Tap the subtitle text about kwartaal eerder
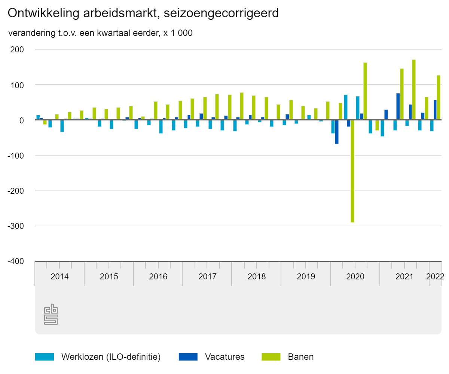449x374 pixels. (x=100, y=33)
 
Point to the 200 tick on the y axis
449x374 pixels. (x=17, y=49)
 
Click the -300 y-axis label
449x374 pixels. (x=16, y=226)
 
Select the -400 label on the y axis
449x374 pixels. (x=16, y=261)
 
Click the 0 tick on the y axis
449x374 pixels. (x=22, y=120)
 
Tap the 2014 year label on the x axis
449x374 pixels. (x=59, y=277)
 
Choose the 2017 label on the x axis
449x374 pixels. (x=207, y=277)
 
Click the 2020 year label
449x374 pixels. (x=355, y=277)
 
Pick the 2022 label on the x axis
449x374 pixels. (x=435, y=277)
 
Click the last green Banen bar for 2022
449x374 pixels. (x=439, y=98)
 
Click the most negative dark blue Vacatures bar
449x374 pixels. (x=337, y=132)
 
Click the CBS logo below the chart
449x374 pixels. (x=51, y=314)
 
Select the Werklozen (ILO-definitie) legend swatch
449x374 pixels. (x=45, y=357)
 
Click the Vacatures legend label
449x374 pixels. (x=224, y=357)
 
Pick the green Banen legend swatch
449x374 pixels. (x=271, y=357)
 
